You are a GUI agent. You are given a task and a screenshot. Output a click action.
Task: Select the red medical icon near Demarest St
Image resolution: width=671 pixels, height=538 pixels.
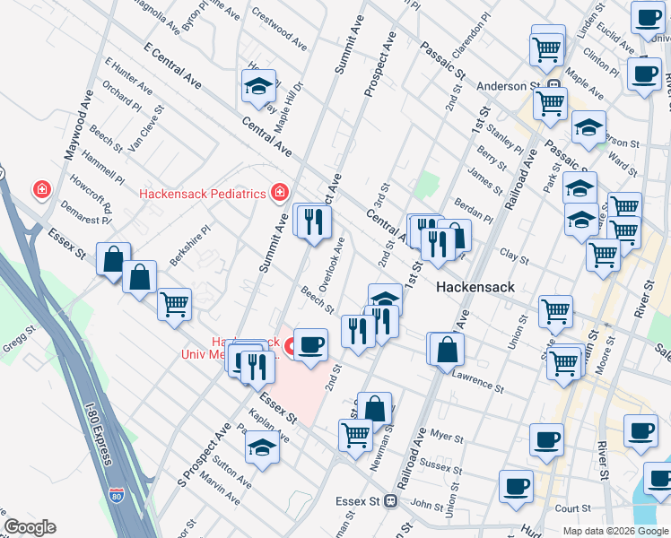coord(40,190)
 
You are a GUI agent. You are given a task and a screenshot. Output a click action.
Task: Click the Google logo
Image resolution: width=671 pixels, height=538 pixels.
coord(30,527)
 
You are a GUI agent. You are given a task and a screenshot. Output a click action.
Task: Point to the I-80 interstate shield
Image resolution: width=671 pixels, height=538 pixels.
coord(116,494)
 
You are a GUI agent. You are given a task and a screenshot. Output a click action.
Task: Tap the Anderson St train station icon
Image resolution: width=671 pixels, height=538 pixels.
coord(554,87)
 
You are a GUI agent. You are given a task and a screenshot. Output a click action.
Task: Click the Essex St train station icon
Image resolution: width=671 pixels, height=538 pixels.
coord(390,501)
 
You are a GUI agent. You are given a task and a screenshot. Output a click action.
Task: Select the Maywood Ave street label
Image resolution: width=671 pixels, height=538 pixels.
coord(77,129)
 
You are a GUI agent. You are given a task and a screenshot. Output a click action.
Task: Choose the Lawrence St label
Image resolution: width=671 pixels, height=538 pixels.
coord(477,381)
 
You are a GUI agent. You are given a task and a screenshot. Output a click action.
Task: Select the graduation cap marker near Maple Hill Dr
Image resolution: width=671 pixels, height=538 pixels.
coord(258,86)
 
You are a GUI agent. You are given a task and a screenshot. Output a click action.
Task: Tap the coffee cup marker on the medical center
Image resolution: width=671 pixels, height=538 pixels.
coord(310,344)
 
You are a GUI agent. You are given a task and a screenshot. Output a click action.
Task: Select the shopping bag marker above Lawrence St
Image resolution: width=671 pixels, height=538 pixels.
coord(446,349)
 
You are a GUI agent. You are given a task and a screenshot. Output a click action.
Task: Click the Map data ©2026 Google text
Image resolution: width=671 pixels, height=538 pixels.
coord(615,530)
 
